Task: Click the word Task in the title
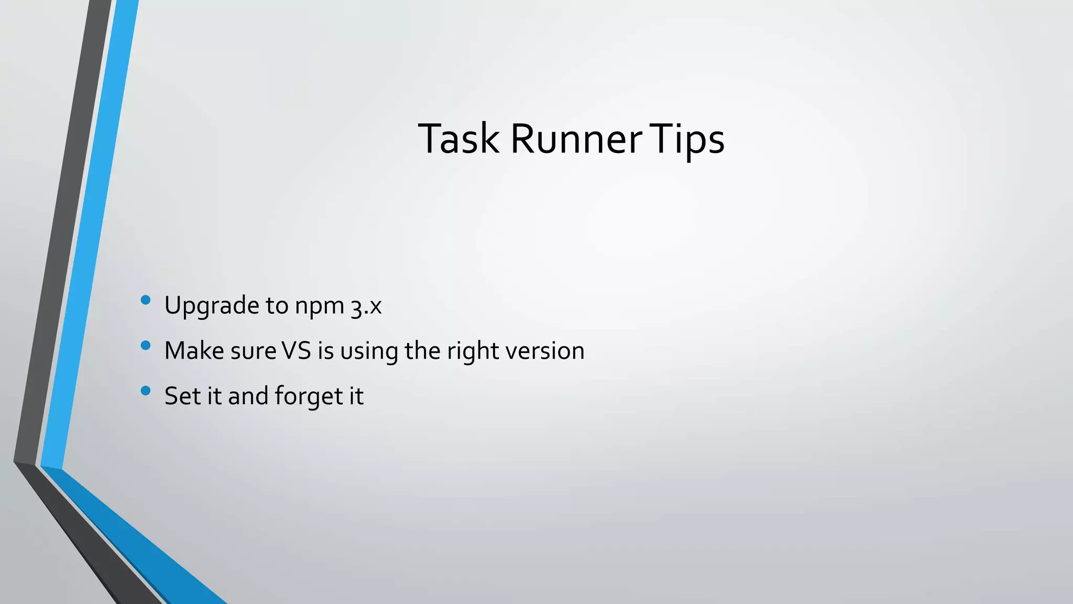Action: (x=458, y=139)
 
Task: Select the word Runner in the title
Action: (x=576, y=139)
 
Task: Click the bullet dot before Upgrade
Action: (x=146, y=300)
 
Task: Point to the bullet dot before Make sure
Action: (x=146, y=346)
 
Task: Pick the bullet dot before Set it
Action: (x=146, y=391)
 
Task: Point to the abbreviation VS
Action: (x=297, y=351)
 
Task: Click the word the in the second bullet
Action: (x=422, y=351)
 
